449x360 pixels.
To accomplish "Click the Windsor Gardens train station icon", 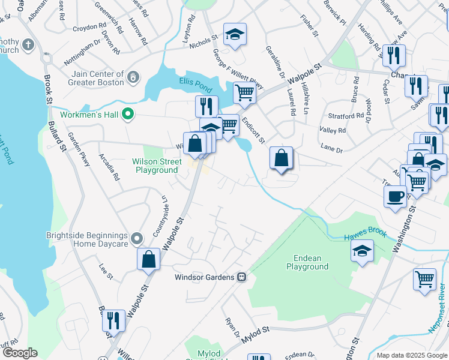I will tap(241, 277).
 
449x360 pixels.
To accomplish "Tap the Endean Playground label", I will tap(307, 262).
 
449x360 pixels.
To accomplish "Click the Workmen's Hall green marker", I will tap(127, 113).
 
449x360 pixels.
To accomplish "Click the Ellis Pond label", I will tap(191, 82).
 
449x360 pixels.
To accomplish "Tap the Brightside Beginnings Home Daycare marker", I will tap(137, 239).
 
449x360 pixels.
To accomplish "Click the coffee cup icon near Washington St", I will tap(396, 197).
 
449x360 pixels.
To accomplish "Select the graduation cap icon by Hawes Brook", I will tap(362, 251).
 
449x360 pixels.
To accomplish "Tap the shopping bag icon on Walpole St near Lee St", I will tap(149, 260).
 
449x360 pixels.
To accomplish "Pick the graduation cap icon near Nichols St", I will tap(235, 34).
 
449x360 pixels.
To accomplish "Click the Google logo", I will tap(20, 353).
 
